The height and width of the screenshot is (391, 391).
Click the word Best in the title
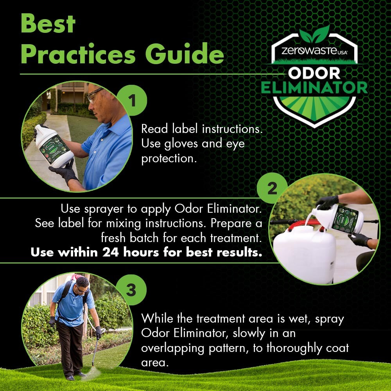(x=48, y=24)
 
